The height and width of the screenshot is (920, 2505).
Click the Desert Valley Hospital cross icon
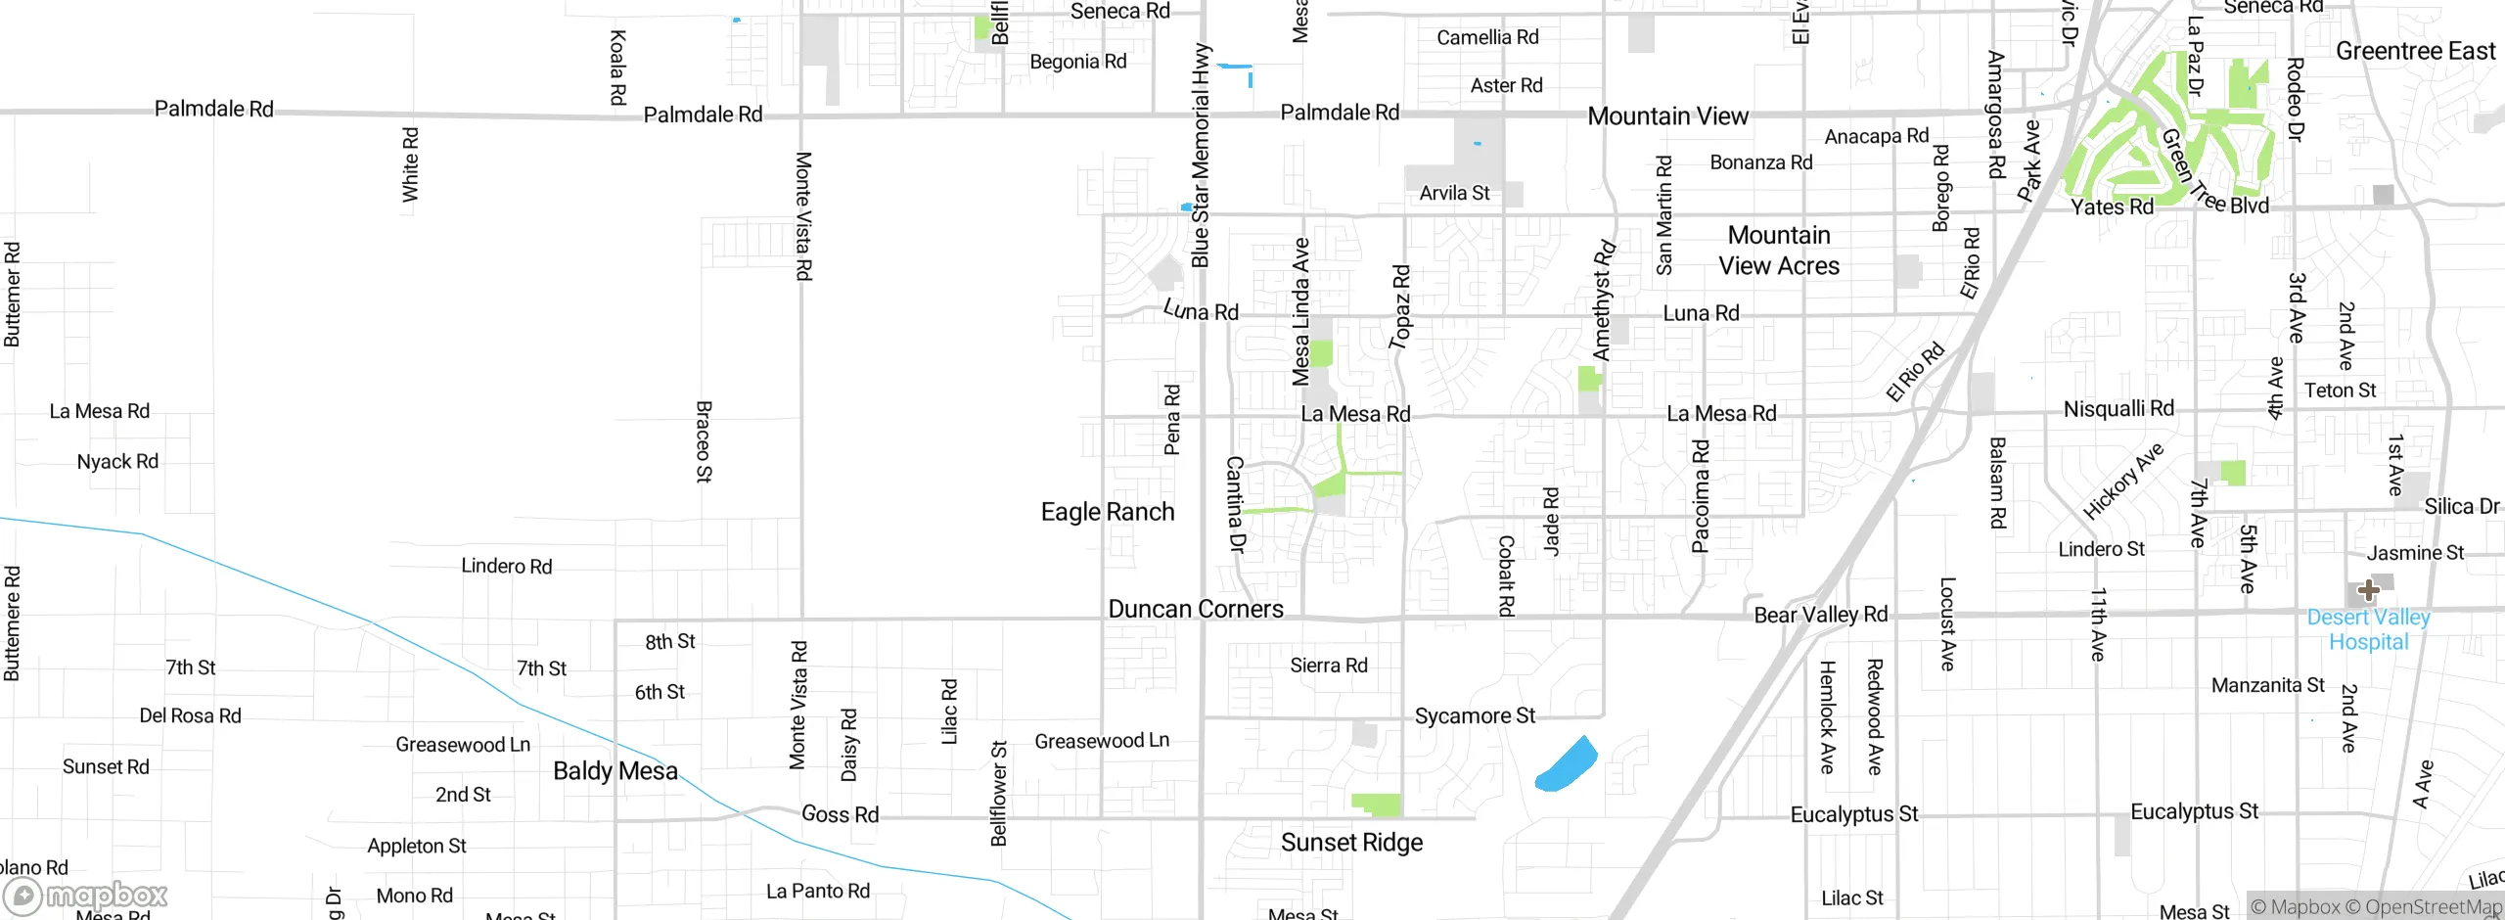pos(2368,590)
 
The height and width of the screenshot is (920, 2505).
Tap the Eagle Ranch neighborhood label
pos(1107,512)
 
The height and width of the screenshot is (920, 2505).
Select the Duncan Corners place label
pos(1195,609)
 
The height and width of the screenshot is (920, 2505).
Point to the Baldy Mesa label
pos(615,771)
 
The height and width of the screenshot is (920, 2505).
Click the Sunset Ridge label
pos(1351,843)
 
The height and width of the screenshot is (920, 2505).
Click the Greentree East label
pos(2415,51)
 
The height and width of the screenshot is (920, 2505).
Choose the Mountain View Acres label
pos(1778,251)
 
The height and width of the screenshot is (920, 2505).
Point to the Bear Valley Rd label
pos(1820,615)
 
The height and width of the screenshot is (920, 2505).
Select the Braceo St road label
pos(704,441)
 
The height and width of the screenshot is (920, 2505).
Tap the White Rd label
pos(410,164)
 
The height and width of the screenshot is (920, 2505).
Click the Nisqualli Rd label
pos(2118,408)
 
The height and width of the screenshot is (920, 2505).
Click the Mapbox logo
pos(86,896)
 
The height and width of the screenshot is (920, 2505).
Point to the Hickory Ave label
pos(2122,482)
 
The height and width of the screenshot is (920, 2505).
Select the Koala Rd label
pos(617,68)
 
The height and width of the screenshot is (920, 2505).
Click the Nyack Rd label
pos(117,461)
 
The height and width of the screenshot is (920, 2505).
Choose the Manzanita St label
pos(2267,685)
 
